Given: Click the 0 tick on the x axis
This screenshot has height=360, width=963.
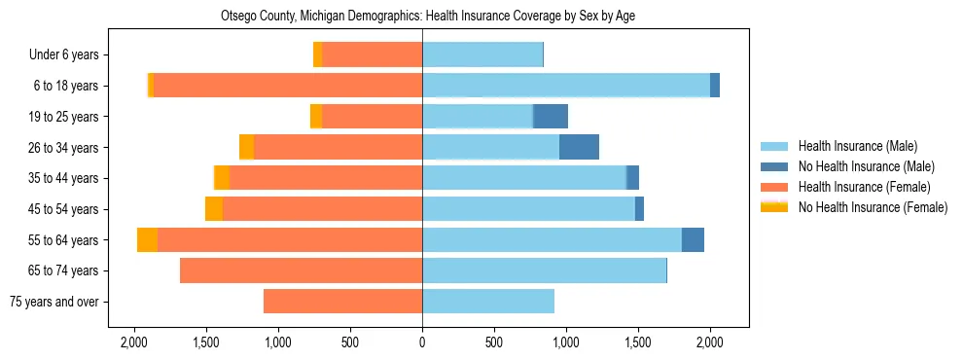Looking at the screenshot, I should click(422, 342).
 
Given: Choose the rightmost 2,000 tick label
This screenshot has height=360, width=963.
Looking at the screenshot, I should click(710, 342).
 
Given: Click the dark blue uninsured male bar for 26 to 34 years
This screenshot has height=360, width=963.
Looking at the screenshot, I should click(579, 147).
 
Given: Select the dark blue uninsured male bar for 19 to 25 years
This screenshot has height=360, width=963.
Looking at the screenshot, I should click(551, 117).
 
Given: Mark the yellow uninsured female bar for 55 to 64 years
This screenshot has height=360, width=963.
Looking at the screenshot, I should click(147, 239).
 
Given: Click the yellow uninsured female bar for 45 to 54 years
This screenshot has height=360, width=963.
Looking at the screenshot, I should click(214, 209).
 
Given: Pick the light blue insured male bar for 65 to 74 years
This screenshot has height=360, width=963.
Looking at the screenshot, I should click(544, 270).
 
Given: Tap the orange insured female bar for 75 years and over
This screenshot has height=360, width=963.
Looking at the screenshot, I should click(342, 302).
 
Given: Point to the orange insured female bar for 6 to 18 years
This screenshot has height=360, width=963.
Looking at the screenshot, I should click(288, 86).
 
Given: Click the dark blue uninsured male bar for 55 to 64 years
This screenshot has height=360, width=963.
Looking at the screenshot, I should click(693, 239).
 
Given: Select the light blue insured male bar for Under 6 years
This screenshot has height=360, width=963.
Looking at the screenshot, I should click(481, 55).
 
